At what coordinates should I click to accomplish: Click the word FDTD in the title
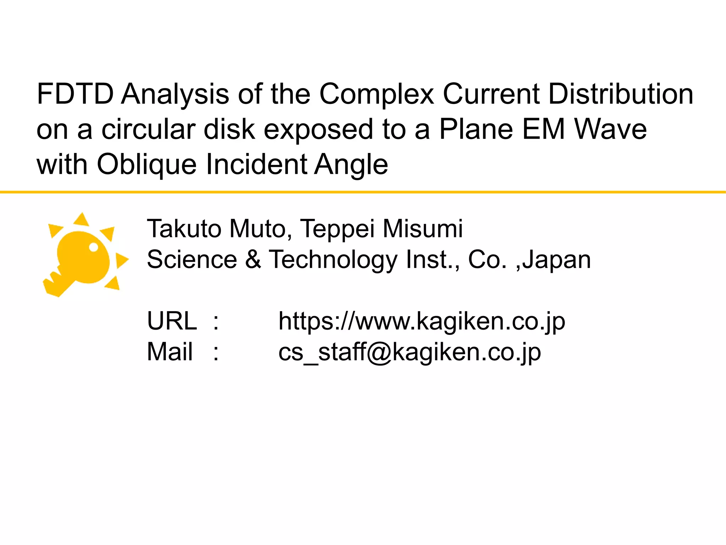pos(75,94)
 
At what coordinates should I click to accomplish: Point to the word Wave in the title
pos(610,129)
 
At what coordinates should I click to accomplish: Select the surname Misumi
pos(423,229)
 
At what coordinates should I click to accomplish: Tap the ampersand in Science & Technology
pos(253,259)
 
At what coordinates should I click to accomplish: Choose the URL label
pos(172,321)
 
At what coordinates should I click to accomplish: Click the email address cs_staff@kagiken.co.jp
pos(409,352)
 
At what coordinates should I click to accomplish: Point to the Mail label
pos(170,352)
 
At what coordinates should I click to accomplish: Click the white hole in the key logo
pos(94,247)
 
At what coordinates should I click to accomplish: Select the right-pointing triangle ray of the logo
pos(122,260)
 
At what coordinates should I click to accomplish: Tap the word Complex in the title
pos(376,94)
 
